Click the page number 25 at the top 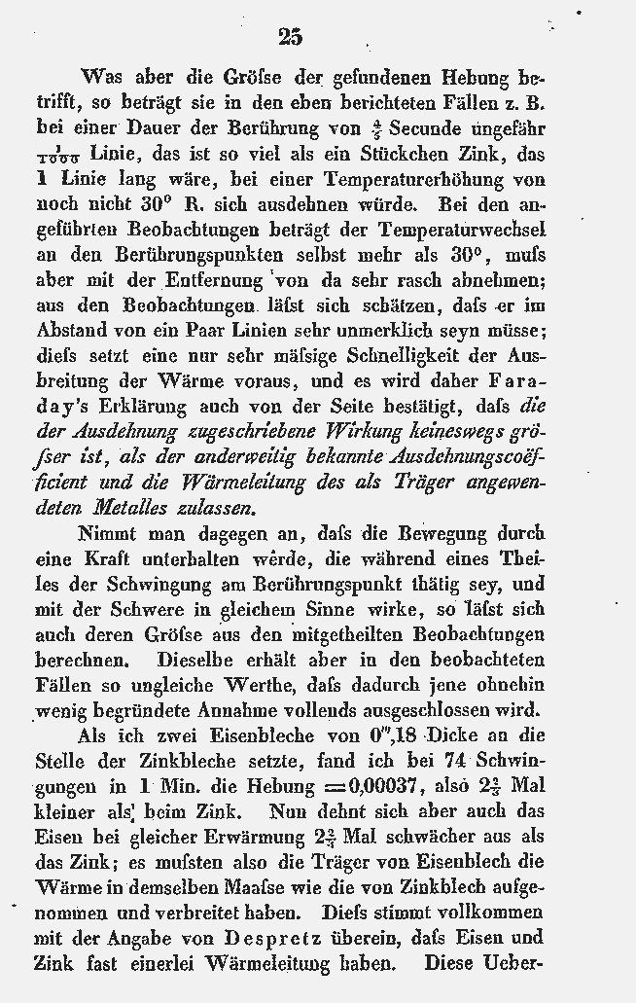pyautogui.click(x=290, y=37)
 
